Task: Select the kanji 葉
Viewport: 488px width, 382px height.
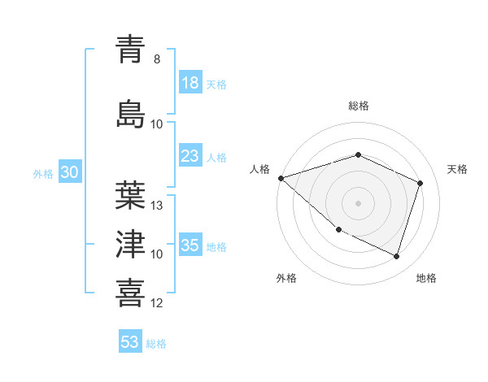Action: [x=131, y=194]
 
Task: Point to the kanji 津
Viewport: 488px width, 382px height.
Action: [x=131, y=243]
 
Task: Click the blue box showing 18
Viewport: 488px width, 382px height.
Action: [x=190, y=84]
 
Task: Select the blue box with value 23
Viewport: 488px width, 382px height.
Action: [x=190, y=157]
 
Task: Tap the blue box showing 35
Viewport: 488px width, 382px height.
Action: [x=190, y=246]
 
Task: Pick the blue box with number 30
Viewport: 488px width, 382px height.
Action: [x=69, y=173]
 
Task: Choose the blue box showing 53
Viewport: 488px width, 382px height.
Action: [x=130, y=342]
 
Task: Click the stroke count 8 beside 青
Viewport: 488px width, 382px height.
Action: [x=157, y=59]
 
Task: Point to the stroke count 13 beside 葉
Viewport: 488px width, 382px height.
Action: [x=158, y=206]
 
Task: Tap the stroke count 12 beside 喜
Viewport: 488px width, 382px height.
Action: [x=158, y=303]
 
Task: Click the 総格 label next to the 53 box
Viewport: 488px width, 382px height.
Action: [x=157, y=344]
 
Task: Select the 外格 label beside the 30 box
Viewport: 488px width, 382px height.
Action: [x=43, y=174]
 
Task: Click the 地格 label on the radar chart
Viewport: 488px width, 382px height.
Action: [x=426, y=278]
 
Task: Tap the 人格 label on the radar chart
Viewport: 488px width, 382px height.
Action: [x=260, y=169]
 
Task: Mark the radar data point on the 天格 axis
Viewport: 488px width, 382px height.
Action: [x=420, y=183]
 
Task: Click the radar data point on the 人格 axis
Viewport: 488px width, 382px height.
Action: [x=281, y=178]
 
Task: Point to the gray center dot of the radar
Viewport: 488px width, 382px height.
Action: [x=358, y=202]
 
